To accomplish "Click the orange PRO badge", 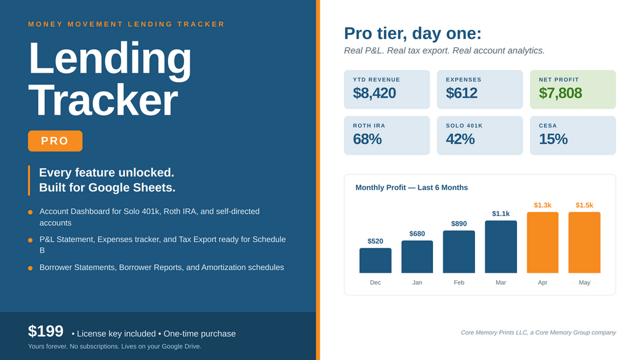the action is pos(55,141).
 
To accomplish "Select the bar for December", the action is pos(375,261).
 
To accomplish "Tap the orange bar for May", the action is pos(584,243).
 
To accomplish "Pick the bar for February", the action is pos(459,252).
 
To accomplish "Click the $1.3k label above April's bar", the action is pos(543,205).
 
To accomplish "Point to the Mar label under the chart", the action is pos(501,282).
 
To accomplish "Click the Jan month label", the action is pos(417,282).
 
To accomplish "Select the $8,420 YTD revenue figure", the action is pos(374,93).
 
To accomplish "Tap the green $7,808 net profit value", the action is pos(560,93).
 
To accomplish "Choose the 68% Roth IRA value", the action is pos(367,139).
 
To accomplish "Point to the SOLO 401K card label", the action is pos(464,126).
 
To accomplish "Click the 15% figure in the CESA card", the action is pos(553,139).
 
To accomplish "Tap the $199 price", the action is pos(46,331).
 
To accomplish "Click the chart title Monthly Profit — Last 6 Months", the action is pos(411,188).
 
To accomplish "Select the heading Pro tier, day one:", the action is pos(413,34).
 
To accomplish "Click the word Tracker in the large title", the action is pos(103,101).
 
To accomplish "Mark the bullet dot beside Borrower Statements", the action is pos(30,268).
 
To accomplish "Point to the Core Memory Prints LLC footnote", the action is pos(538,333).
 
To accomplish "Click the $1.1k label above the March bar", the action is pos(501,214).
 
